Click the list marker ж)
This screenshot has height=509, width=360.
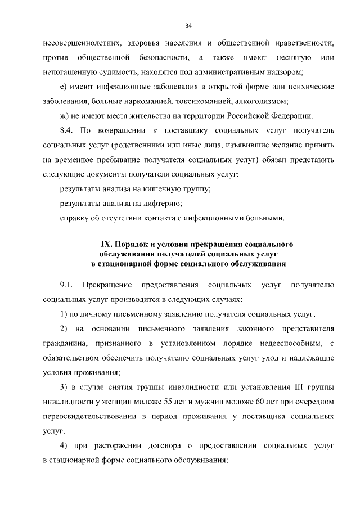coord(64,116)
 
